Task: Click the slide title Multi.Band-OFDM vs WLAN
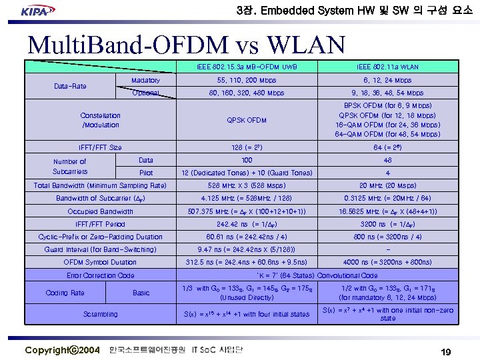186,45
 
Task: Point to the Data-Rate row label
69,86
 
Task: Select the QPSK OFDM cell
247,120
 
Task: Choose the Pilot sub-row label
145,173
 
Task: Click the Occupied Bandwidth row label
100,211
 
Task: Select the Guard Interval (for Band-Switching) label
100,249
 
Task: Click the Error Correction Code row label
100,275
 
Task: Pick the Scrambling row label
100,314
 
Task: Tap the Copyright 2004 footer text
63,350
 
